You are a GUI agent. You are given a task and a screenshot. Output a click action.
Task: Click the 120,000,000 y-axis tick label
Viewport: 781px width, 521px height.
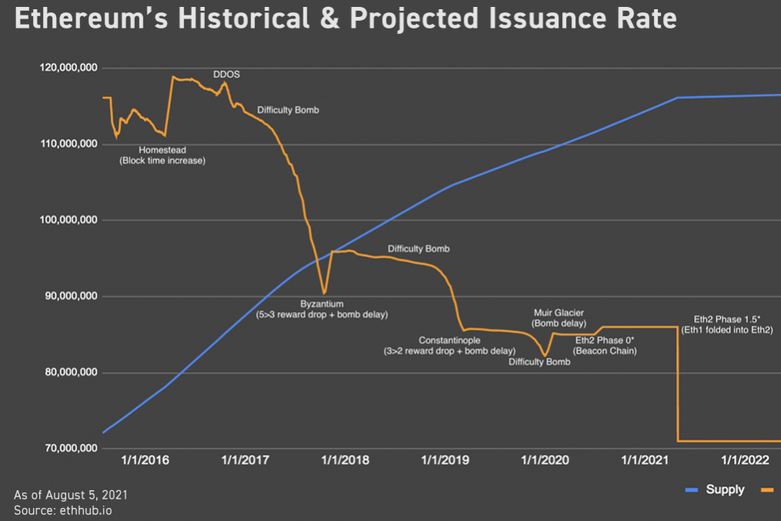tap(68, 68)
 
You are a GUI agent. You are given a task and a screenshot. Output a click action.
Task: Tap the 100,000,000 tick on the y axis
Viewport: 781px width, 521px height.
tap(68, 220)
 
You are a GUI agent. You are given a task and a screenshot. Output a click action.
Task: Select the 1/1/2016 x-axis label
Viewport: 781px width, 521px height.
tap(146, 460)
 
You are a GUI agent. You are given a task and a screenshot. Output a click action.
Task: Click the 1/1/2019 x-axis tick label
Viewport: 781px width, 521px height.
tap(445, 460)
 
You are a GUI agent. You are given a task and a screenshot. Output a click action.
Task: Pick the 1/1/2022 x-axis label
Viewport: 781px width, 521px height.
tap(745, 460)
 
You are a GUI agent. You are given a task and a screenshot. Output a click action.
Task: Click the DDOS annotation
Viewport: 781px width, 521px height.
tap(226, 75)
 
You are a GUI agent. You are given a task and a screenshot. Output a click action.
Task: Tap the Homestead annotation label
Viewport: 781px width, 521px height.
tap(163, 150)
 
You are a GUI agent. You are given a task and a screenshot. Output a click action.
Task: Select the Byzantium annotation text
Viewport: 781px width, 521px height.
tap(321, 304)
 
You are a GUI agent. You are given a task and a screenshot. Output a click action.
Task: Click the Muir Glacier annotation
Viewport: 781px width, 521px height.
tap(558, 313)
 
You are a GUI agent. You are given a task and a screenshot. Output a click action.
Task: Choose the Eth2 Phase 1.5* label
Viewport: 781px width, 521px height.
tap(727, 318)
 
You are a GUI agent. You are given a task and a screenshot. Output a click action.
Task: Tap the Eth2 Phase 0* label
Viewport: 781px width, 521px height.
tap(605, 339)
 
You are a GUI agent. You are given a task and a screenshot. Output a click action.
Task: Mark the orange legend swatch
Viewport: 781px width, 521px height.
tap(766, 489)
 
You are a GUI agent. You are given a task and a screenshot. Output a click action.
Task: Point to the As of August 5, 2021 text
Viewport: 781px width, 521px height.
tap(70, 494)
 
